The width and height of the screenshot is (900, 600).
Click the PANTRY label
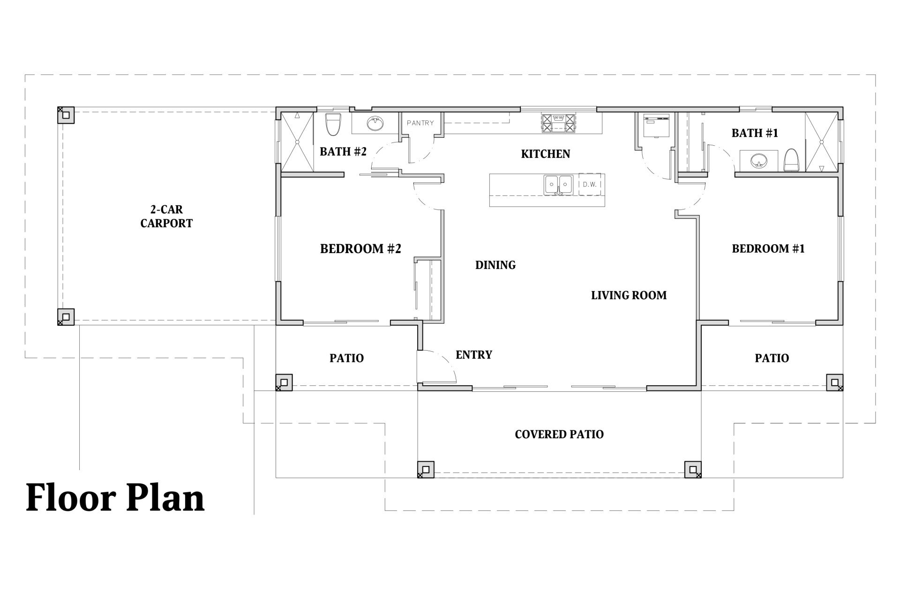tap(420, 123)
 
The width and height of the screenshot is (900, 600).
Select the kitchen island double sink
tap(558, 185)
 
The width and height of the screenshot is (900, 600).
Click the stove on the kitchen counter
tap(558, 123)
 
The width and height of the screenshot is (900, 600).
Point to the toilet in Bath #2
tap(332, 124)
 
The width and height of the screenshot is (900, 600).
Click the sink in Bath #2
tap(375, 124)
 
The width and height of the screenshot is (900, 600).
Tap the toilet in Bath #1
tap(791, 160)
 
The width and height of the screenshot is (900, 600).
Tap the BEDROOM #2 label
tap(360, 248)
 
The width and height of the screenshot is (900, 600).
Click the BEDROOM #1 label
tap(768, 248)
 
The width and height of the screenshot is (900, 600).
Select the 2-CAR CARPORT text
tap(166, 217)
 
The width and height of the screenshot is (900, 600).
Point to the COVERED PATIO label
tap(559, 435)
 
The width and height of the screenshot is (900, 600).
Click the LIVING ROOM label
tap(629, 295)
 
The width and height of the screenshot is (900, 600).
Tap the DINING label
tap(495, 265)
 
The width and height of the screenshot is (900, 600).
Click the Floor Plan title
tap(115, 497)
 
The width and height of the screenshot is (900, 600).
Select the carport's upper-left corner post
tap(66, 115)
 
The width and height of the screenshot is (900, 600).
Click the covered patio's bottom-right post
tap(693, 470)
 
